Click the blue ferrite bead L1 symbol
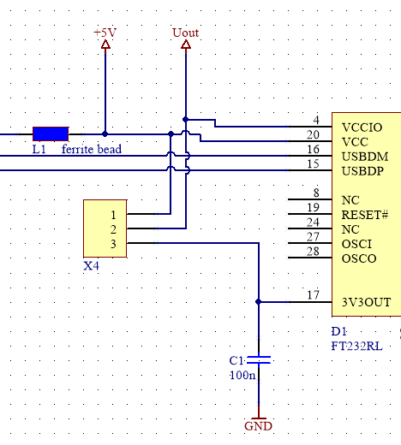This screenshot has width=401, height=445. pos(51,133)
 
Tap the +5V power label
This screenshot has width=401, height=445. pos(105,33)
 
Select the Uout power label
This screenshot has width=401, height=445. pos(186,33)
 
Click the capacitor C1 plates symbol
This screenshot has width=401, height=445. pos(259,360)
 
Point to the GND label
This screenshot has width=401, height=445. pos(258,426)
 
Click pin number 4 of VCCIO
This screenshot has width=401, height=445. pos(316,120)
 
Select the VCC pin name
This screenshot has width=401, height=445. pos(355,142)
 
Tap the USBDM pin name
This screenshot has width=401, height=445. pos(365,157)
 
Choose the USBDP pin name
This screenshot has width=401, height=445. pos(362,171)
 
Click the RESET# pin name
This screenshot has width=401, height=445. pos(365,215)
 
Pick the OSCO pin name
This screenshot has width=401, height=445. pos(359,258)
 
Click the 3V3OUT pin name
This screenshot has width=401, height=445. pos(366,302)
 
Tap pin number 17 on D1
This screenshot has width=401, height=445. pos(313,295)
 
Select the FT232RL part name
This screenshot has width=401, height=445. pos(356,347)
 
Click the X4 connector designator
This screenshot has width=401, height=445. pos(91,266)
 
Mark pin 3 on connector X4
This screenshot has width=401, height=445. pos(113,244)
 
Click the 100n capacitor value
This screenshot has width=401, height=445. pos(242,375)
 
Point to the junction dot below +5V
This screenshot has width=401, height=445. pos(105,133)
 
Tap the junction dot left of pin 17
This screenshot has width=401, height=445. pos(259,302)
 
